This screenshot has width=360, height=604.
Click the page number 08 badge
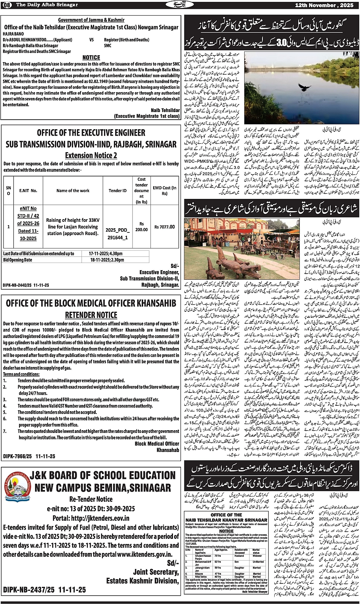point(7,5)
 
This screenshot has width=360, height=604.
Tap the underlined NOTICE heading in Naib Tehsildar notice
point(91,57)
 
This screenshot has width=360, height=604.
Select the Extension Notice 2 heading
point(91,155)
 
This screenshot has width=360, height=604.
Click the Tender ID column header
point(118,191)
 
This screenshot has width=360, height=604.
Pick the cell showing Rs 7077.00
point(165,227)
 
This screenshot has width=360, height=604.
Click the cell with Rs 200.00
point(141,227)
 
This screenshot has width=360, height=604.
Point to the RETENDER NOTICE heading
point(91,315)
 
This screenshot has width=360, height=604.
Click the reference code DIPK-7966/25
point(18,456)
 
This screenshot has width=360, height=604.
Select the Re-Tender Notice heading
point(91,499)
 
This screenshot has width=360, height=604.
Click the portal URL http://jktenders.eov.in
point(91,518)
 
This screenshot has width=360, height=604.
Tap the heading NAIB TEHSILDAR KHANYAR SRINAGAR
point(226,520)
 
